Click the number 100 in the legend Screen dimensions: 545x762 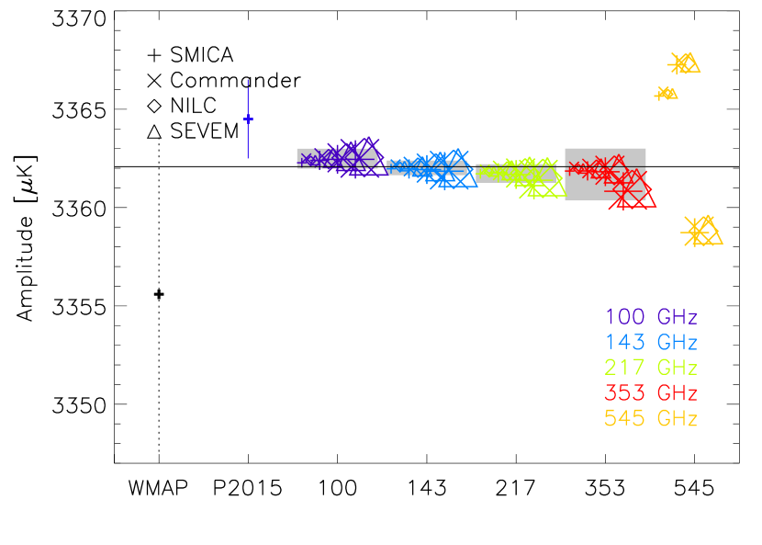(624, 318)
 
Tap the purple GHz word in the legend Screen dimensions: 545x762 (677, 318)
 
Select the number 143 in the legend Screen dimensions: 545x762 (624, 343)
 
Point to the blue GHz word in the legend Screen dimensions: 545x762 (677, 343)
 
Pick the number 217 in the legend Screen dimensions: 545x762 (624, 368)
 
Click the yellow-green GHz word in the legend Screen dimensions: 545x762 (677, 368)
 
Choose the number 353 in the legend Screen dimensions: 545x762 (624, 393)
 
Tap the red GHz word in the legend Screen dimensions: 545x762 (677, 393)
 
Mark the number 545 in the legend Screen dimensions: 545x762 (624, 419)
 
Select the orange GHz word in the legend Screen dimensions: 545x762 (677, 419)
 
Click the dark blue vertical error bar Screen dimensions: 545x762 (248, 119)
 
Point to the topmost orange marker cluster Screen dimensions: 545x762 (683, 62)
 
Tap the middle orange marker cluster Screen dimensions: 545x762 (666, 93)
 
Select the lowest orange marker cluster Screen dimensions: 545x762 (702, 231)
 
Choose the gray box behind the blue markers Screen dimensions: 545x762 (395, 165)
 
